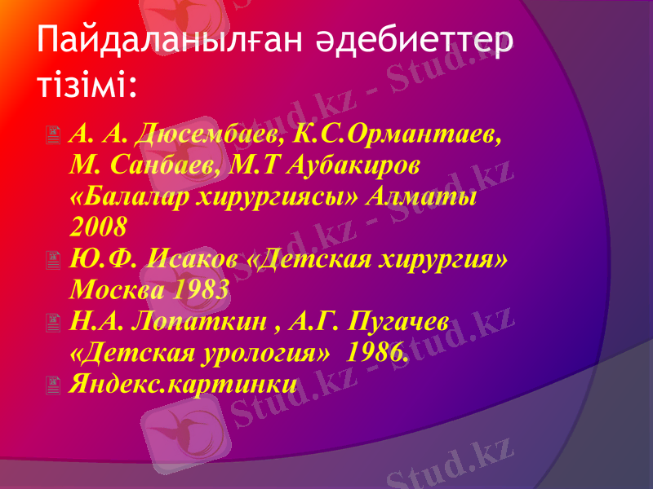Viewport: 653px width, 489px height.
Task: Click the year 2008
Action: [99, 227]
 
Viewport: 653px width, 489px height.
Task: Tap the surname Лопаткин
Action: [202, 321]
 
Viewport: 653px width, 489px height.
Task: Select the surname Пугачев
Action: [398, 321]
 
